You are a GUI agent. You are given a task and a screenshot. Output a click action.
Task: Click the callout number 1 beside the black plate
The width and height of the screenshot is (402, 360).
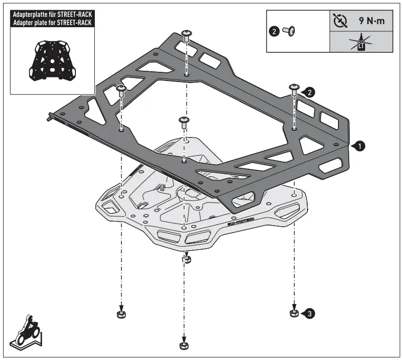(x=360, y=146)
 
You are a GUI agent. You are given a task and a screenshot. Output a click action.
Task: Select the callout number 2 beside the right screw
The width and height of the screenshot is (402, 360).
(x=310, y=92)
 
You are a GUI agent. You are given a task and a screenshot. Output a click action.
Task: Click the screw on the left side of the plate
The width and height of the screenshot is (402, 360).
(x=122, y=91)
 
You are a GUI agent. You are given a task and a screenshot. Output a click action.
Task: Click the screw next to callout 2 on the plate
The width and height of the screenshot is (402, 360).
(x=295, y=89)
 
